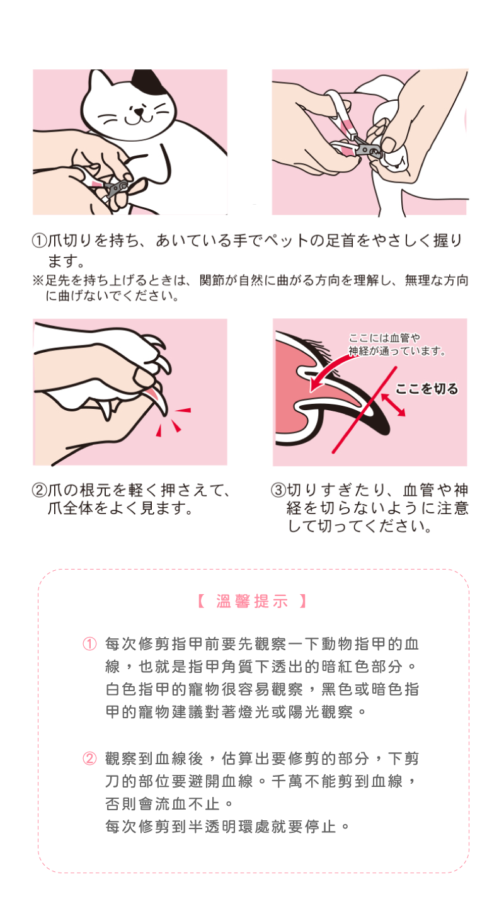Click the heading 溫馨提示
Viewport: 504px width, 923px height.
click(252, 601)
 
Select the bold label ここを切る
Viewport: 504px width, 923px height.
click(427, 388)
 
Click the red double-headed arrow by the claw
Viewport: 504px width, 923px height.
click(392, 404)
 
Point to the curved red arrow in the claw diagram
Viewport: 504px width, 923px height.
click(329, 369)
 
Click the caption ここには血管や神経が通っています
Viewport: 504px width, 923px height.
click(396, 345)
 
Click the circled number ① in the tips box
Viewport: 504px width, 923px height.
click(89, 644)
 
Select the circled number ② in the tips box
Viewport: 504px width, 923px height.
click(89, 758)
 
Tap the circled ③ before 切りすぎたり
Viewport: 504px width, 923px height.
click(278, 490)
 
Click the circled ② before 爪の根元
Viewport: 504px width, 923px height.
click(40, 490)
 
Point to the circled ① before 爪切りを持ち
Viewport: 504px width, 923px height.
click(40, 240)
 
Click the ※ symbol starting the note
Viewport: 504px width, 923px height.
click(38, 280)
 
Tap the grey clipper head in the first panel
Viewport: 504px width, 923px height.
click(116, 188)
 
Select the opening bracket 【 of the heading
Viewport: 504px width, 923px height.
click(202, 601)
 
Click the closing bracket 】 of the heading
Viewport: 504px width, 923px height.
click(303, 601)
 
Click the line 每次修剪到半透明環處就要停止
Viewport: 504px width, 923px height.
click(227, 826)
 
